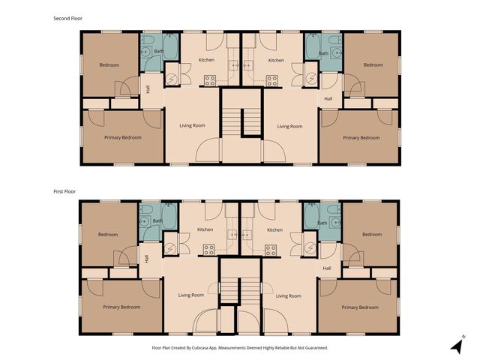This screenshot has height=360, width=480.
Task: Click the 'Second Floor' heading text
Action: [67, 18]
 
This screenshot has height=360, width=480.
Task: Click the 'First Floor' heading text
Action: [65, 191]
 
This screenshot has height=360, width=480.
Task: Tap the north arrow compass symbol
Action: [457, 344]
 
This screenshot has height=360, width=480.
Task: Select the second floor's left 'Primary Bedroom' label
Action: [123, 137]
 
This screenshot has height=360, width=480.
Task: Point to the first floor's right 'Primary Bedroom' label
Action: [360, 307]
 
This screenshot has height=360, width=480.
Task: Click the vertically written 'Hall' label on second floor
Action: [148, 89]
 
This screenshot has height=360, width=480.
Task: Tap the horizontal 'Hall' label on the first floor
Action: [327, 268]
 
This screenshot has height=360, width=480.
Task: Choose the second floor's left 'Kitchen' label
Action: [206, 60]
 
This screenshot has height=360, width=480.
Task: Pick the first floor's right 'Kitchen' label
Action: [274, 229]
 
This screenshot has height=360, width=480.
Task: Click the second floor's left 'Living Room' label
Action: [192, 125]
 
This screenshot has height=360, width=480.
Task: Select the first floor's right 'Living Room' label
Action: [288, 295]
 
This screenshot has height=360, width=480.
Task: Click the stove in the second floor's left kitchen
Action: [209, 80]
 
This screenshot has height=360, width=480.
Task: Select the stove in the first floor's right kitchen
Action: [271, 250]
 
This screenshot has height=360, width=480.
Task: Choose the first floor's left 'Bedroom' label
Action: [108, 235]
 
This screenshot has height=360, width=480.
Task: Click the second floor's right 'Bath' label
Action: [322, 53]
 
